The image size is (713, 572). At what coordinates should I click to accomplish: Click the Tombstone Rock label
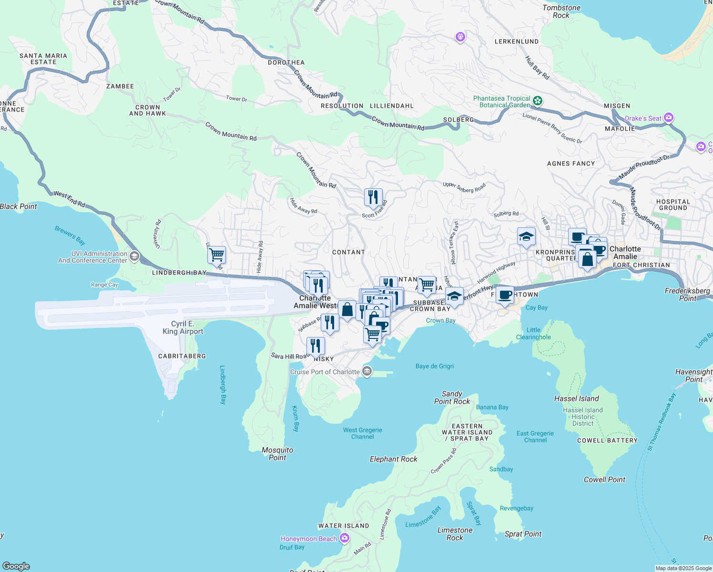pyautogui.click(x=561, y=11)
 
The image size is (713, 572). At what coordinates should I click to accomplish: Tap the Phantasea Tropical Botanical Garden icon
pyautogui.click(x=538, y=101)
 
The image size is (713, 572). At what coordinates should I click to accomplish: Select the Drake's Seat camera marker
pyautogui.click(x=668, y=117)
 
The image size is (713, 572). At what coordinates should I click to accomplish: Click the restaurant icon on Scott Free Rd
pyautogui.click(x=373, y=197)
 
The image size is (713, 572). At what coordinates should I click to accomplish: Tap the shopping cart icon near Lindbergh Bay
pyautogui.click(x=216, y=255)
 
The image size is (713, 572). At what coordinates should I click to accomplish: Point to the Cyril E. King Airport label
pyautogui.click(x=183, y=327)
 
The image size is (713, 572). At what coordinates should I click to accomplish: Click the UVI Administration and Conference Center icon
pyautogui.click(x=134, y=257)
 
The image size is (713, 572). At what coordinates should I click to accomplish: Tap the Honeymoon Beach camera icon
pyautogui.click(x=344, y=538)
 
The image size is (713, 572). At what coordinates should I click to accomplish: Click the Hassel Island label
pyautogui.click(x=576, y=398)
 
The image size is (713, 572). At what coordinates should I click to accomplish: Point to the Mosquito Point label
pyautogui.click(x=277, y=454)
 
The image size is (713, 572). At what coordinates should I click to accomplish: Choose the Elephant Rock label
pyautogui.click(x=393, y=459)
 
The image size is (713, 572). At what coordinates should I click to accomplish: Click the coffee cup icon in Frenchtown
pyautogui.click(x=505, y=295)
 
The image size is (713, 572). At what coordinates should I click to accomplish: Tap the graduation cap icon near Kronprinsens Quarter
pyautogui.click(x=526, y=236)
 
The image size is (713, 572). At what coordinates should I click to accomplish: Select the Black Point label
pyautogui.click(x=19, y=206)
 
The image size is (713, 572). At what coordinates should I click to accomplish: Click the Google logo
pyautogui.click(x=16, y=566)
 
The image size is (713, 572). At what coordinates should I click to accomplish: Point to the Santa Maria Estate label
pyautogui.click(x=43, y=59)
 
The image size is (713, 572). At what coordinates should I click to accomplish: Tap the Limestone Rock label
pyautogui.click(x=455, y=534)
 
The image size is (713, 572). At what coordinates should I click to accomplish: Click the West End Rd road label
pyautogui.click(x=70, y=200)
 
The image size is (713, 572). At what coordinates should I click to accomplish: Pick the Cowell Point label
pyautogui.click(x=604, y=480)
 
